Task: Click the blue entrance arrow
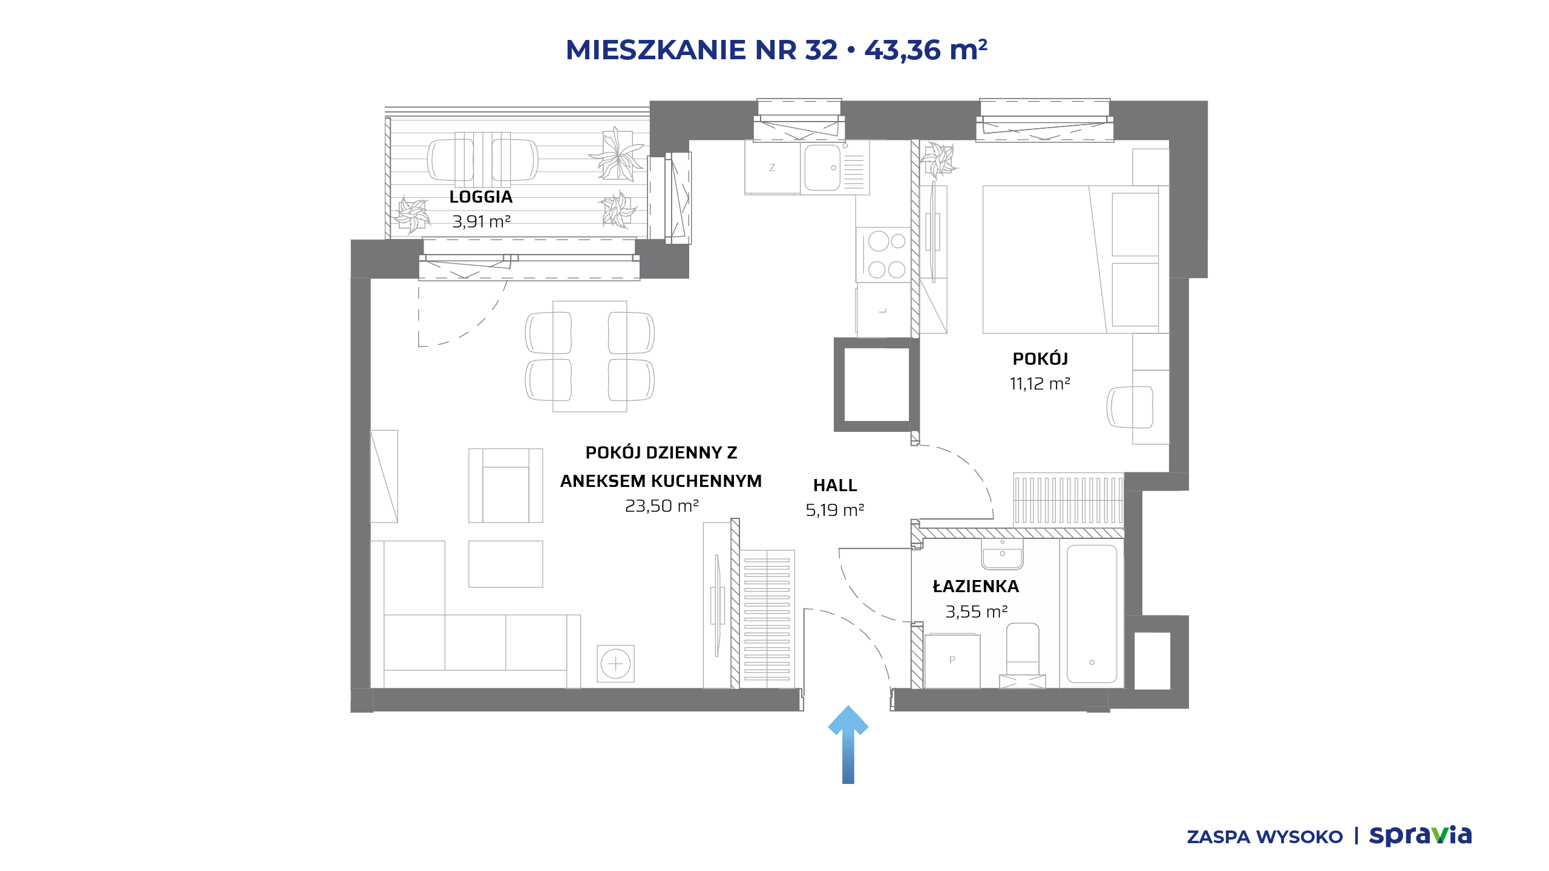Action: pyautogui.click(x=848, y=744)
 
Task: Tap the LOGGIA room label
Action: pyautogui.click(x=481, y=197)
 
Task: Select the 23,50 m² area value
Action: pyautogui.click(x=661, y=506)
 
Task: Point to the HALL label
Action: pyautogui.click(x=835, y=485)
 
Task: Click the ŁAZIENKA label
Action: pyautogui.click(x=976, y=586)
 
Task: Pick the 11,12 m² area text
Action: pyautogui.click(x=1040, y=383)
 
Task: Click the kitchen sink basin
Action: pyautogui.click(x=822, y=168)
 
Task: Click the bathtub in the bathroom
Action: pyautogui.click(x=1092, y=613)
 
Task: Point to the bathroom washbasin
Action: pyautogui.click(x=1003, y=554)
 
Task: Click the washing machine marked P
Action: pyautogui.click(x=952, y=661)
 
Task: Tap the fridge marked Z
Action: pyautogui.click(x=773, y=168)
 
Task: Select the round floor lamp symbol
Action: pyautogui.click(x=615, y=664)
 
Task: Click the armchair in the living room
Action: pyautogui.click(x=506, y=485)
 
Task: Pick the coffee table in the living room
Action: pyautogui.click(x=506, y=564)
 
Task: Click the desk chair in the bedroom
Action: pyautogui.click(x=1130, y=406)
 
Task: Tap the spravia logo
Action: pyautogui.click(x=1420, y=835)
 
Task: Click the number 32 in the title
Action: pyautogui.click(x=821, y=50)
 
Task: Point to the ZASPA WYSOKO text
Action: pyautogui.click(x=1265, y=837)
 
